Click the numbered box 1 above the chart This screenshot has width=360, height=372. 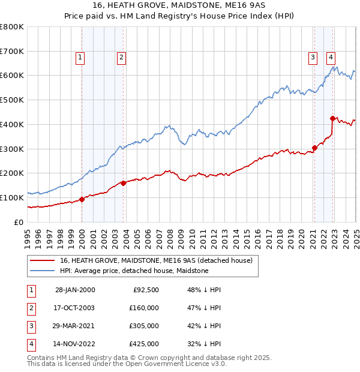click(x=80, y=58)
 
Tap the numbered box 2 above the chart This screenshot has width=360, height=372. click(x=121, y=58)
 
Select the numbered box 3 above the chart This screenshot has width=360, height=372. click(x=313, y=58)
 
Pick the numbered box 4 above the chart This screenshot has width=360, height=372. click(x=331, y=58)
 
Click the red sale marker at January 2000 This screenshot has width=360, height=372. click(x=82, y=199)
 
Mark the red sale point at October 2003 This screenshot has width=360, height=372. click(x=123, y=183)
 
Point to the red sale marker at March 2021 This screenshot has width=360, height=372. click(x=314, y=148)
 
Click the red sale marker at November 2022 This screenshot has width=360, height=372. click(x=332, y=118)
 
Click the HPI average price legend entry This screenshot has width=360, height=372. click(x=134, y=271)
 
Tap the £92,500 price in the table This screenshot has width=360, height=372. click(x=144, y=290)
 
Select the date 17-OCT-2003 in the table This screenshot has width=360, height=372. click(x=74, y=308)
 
